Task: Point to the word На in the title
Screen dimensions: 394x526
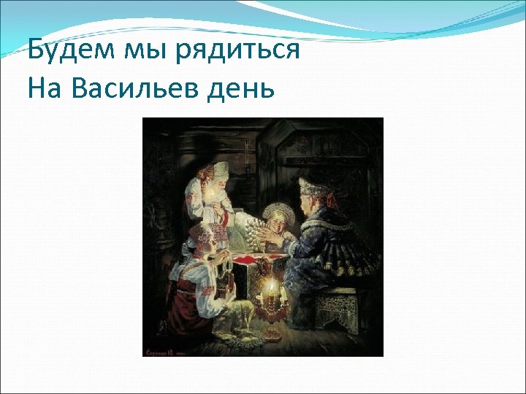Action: pyautogui.click(x=46, y=89)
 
